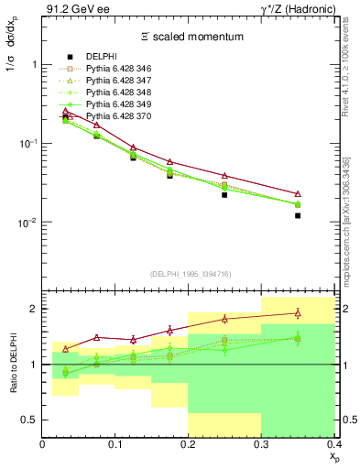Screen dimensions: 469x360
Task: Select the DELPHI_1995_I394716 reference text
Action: click(x=188, y=274)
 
